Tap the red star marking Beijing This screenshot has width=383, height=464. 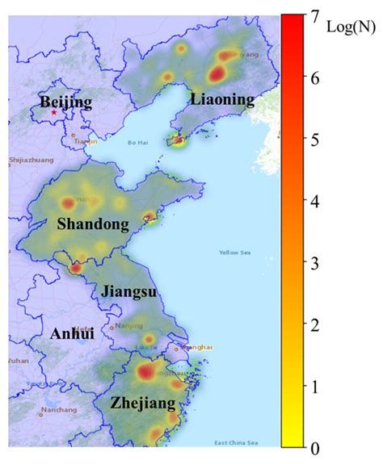[54, 113]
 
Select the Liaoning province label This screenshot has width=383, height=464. [222, 99]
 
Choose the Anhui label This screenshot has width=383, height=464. [72, 333]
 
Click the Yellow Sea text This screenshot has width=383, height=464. [235, 253]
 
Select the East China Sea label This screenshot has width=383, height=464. [237, 441]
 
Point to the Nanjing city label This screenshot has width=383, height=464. [129, 326]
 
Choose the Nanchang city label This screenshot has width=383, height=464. [61, 410]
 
